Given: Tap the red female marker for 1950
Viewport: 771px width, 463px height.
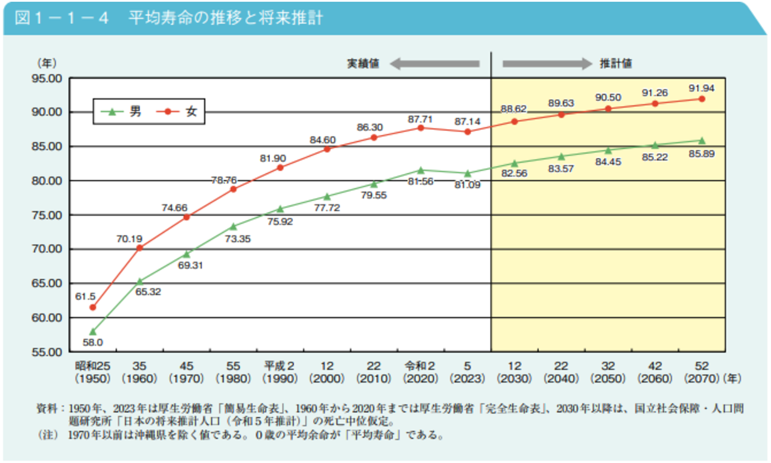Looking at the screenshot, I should click(x=93, y=308).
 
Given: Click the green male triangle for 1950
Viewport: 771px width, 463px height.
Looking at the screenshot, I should click(x=93, y=332).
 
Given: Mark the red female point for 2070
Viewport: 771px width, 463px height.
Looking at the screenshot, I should click(x=702, y=99).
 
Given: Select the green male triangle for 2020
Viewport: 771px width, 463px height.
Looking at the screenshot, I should click(x=421, y=170).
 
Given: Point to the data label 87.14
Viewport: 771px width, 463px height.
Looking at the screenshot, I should click(x=468, y=121).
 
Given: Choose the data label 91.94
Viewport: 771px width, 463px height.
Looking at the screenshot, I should click(x=702, y=88).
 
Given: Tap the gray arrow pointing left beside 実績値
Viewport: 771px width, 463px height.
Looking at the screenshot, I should click(x=434, y=64).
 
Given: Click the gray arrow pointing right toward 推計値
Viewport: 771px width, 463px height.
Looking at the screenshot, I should click(x=547, y=64).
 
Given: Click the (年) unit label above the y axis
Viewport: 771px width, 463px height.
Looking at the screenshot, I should click(x=47, y=63).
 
